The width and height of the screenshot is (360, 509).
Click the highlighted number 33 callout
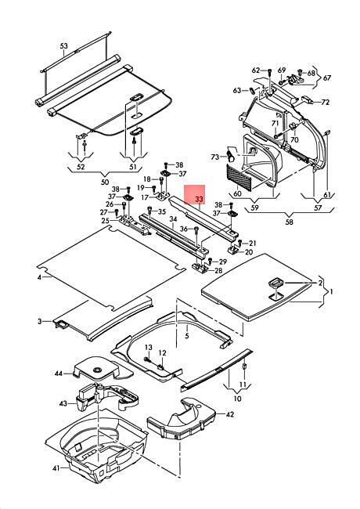coord(200,199)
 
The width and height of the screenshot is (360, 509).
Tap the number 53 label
coord(64,45)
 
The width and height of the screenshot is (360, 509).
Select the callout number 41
coord(56,468)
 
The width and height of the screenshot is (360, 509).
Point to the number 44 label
coord(59,374)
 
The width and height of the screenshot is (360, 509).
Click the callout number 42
coord(229,414)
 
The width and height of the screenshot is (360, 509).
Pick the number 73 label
coord(215,157)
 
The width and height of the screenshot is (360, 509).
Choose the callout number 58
coord(289,222)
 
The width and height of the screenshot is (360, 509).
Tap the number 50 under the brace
coord(105,182)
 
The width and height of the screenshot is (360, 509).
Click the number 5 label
coord(187,336)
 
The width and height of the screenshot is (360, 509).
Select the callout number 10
coord(237,398)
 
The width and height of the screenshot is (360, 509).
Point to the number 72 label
coord(325,103)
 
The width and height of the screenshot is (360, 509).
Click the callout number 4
coord(39,277)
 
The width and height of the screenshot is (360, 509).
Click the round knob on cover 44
coord(97,370)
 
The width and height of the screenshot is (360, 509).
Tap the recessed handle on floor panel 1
coord(275,283)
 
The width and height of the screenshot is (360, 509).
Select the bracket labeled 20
coord(233,250)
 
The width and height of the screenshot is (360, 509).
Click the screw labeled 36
coord(196,230)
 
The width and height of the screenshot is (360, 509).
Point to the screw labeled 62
coord(269,71)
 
